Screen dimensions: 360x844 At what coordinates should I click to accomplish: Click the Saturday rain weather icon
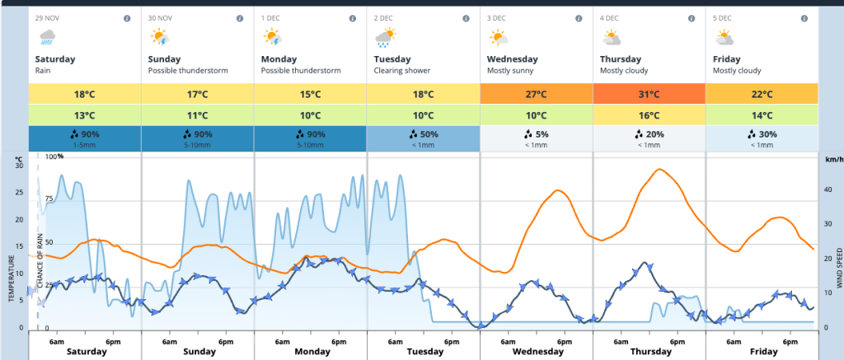[x=46, y=36]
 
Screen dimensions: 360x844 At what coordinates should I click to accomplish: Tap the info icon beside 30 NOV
[x=239, y=18]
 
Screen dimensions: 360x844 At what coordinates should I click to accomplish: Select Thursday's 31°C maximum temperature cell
[x=649, y=94]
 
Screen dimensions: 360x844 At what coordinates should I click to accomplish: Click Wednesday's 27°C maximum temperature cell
[x=536, y=94]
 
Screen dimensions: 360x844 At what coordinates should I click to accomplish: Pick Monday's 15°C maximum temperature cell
[x=310, y=94]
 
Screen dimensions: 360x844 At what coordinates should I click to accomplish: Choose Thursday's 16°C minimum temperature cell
[x=649, y=115]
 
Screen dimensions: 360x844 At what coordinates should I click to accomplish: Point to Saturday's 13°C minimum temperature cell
[x=85, y=115]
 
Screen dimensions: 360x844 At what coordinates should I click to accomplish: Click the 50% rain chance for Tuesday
[x=423, y=134]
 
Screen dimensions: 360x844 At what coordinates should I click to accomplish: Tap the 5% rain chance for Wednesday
[x=536, y=134]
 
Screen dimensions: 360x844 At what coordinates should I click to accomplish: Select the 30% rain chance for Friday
[x=762, y=134]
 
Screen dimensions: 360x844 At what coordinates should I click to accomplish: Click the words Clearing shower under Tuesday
[x=401, y=71]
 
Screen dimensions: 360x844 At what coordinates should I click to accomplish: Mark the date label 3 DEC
[x=496, y=18]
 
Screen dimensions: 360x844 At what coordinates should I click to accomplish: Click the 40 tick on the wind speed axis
[x=828, y=189]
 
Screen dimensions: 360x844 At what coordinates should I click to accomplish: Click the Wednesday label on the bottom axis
[x=536, y=352]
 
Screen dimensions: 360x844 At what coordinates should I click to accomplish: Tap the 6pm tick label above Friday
[x=790, y=341]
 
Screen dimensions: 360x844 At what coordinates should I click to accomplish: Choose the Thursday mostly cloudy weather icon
[x=611, y=37]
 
